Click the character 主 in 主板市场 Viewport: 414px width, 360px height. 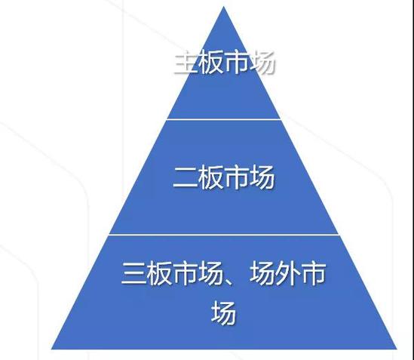pyautogui.click(x=186, y=63)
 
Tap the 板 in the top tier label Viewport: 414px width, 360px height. pyautogui.click(x=211, y=63)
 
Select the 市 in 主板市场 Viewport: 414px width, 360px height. pyautogui.click(x=236, y=63)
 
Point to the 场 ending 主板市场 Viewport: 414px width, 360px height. pyautogui.click(x=261, y=63)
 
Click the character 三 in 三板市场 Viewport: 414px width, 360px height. pyautogui.click(x=134, y=273)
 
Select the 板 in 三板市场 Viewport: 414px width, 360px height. pyautogui.click(x=160, y=273)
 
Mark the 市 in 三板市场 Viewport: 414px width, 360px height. pyautogui.click(x=185, y=273)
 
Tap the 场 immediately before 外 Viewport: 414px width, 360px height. pyautogui.click(x=262, y=273)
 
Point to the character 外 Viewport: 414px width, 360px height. pyautogui.click(x=287, y=273)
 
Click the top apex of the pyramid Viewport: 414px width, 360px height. pyautogui.click(x=224, y=6)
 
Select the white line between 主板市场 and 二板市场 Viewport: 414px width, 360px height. pyautogui.click(x=224, y=119)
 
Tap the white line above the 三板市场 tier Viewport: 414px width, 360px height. pyautogui.click(x=224, y=234)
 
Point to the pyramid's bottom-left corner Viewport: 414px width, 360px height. pyautogui.click(x=51, y=349)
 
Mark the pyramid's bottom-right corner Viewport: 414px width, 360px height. pyautogui.click(x=397, y=349)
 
